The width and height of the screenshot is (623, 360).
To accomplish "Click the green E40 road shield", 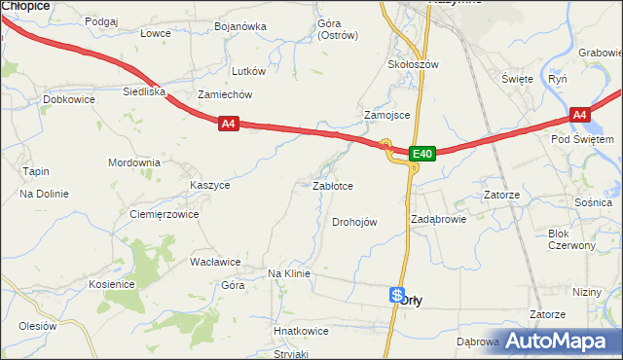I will [x=421, y=154].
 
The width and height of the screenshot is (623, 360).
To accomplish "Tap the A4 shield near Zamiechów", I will [x=228, y=124].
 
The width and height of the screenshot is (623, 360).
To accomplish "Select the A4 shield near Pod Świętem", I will [x=580, y=116].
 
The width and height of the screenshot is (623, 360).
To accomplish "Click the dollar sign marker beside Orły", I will [x=396, y=294].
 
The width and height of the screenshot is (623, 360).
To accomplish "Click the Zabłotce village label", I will [x=332, y=185].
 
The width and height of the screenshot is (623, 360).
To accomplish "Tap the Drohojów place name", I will [x=354, y=222].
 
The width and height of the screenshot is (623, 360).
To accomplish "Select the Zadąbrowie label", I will [x=438, y=219].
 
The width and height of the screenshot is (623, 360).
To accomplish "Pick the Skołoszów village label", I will [x=414, y=64].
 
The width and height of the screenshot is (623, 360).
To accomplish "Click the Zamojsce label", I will [x=386, y=114].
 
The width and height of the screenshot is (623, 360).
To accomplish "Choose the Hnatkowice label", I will [x=301, y=331].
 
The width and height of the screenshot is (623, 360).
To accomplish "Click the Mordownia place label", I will [x=134, y=162].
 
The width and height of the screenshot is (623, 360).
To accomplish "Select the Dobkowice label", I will [x=69, y=99].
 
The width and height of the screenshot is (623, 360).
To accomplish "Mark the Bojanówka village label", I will [x=240, y=26].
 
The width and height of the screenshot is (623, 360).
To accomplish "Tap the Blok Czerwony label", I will [x=571, y=239].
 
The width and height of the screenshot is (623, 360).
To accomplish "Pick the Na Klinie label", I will [x=288, y=273].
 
